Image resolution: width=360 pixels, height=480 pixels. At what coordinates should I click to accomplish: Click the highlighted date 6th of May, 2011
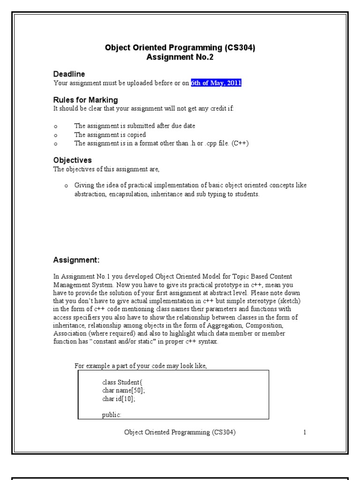pyautogui.click(x=216, y=83)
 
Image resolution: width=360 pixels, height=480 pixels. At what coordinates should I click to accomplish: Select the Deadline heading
pyautogui.click(x=69, y=74)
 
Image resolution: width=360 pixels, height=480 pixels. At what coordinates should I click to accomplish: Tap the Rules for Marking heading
pyautogui.click(x=85, y=100)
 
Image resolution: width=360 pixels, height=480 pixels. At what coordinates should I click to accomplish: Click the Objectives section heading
pyautogui.click(x=72, y=160)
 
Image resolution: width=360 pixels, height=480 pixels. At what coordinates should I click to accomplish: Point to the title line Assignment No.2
pyautogui.click(x=180, y=57)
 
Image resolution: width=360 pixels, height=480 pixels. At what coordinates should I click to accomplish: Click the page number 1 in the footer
pyautogui.click(x=305, y=433)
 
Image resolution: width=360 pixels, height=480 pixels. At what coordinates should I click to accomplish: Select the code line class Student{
pyautogui.click(x=121, y=382)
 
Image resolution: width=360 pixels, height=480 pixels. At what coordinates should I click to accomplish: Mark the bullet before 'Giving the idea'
pyautogui.click(x=67, y=186)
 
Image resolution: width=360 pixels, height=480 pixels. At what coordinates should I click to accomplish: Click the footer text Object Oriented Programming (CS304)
pyautogui.click(x=180, y=433)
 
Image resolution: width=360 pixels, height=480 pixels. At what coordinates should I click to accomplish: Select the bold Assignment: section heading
pyautogui.click(x=76, y=260)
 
